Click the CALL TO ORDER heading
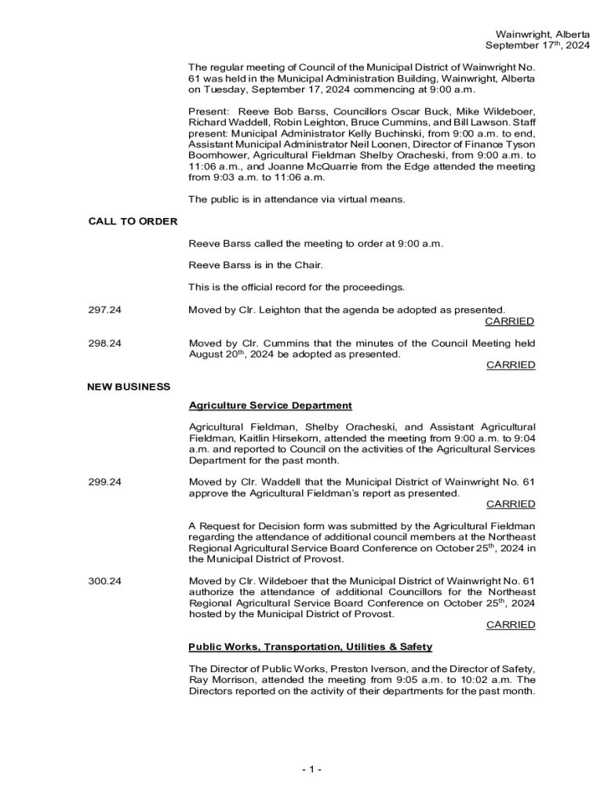tap(133, 221)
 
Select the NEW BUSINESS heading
tap(129, 387)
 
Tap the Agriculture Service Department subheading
tap(270, 405)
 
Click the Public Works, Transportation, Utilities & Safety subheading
tap(310, 647)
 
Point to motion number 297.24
tap(105, 310)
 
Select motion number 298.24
tap(105, 343)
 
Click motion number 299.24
tap(105, 482)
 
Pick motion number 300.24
tap(105, 581)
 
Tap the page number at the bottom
tap(311, 769)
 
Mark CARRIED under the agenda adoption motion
tap(510, 321)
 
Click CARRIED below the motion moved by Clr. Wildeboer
tap(510, 625)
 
